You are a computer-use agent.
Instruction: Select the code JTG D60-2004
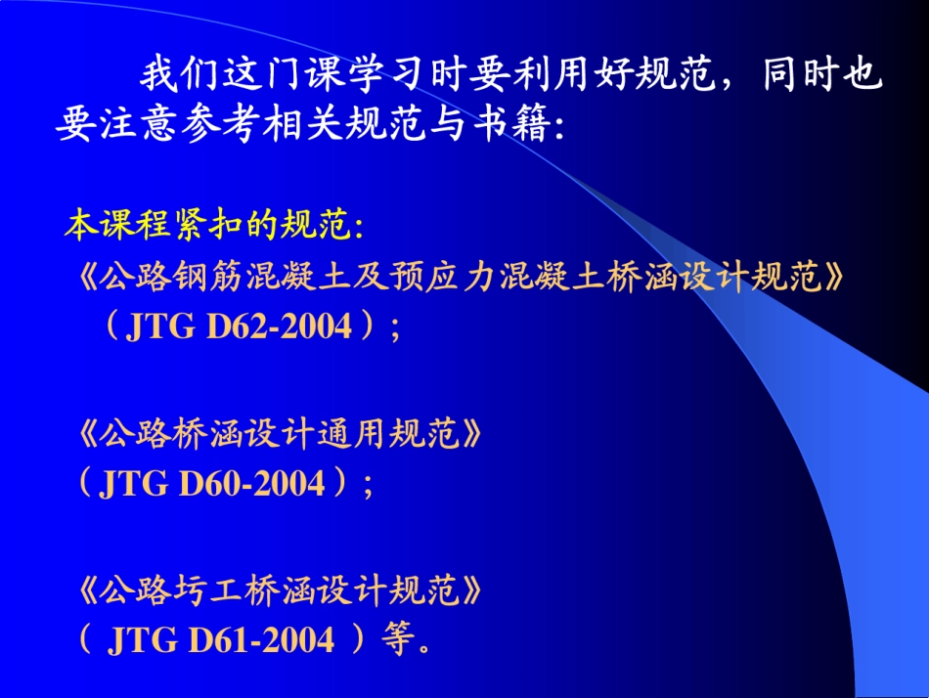[211, 483]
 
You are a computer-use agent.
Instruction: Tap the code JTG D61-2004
[221, 639]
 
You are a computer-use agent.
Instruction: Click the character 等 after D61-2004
[395, 639]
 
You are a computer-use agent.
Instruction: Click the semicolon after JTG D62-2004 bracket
[395, 328]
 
